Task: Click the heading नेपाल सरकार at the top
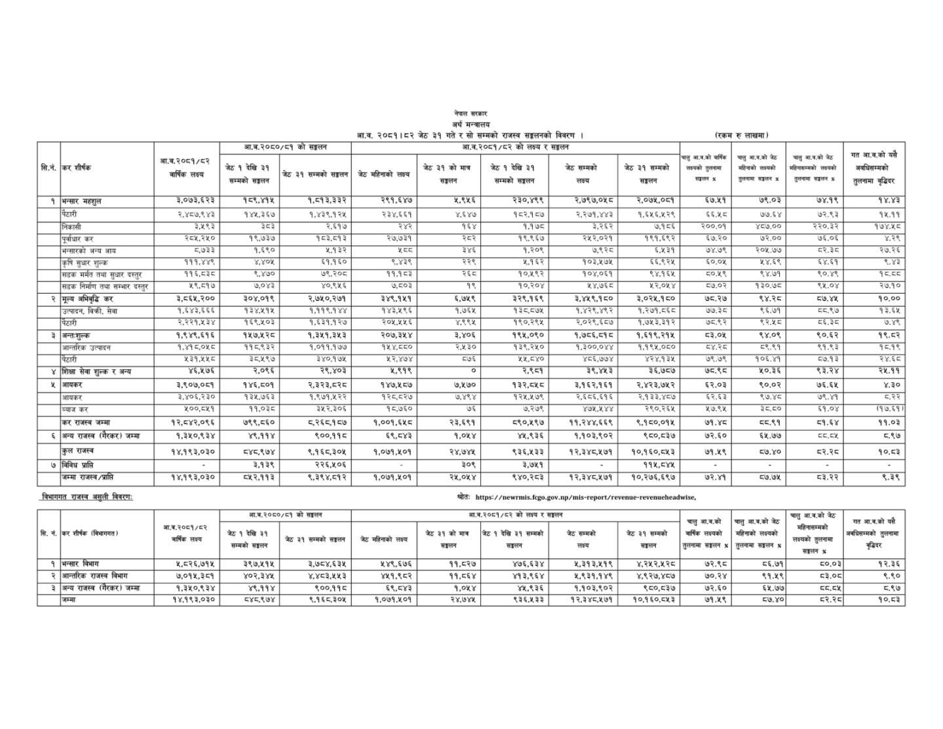[x=470, y=114]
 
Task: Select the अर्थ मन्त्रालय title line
[x=470, y=124]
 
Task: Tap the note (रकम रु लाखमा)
[x=742, y=135]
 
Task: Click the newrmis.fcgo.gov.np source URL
[x=585, y=497]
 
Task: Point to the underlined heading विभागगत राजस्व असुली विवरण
[x=87, y=497]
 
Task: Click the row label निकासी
[x=72, y=226]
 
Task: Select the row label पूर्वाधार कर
[x=78, y=239]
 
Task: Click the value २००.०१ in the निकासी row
[x=705, y=226]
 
